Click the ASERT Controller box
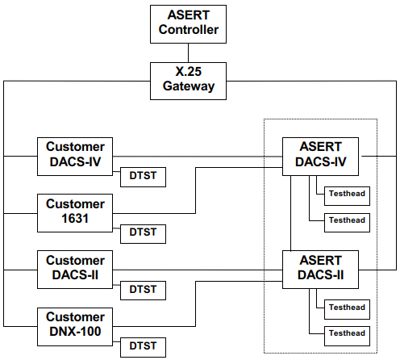[188, 24]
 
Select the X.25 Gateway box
[188, 81]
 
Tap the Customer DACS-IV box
[75, 157]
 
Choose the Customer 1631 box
[75, 213]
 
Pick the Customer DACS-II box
[75, 270]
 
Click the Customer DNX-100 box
[75, 327]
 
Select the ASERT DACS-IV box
[320, 157]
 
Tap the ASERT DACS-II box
[320, 270]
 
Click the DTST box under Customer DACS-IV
[143, 177]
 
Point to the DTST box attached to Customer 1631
[143, 234]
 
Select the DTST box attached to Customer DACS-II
[143, 291]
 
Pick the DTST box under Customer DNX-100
[143, 347]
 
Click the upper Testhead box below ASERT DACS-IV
[347, 196]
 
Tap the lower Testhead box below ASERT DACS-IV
[347, 223]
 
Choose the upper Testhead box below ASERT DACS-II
[347, 309]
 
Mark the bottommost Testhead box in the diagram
[347, 336]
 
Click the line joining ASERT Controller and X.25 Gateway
[188, 53]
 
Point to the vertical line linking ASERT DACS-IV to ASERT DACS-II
[290, 213]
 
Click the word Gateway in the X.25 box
[189, 86]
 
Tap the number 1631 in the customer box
[75, 219]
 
